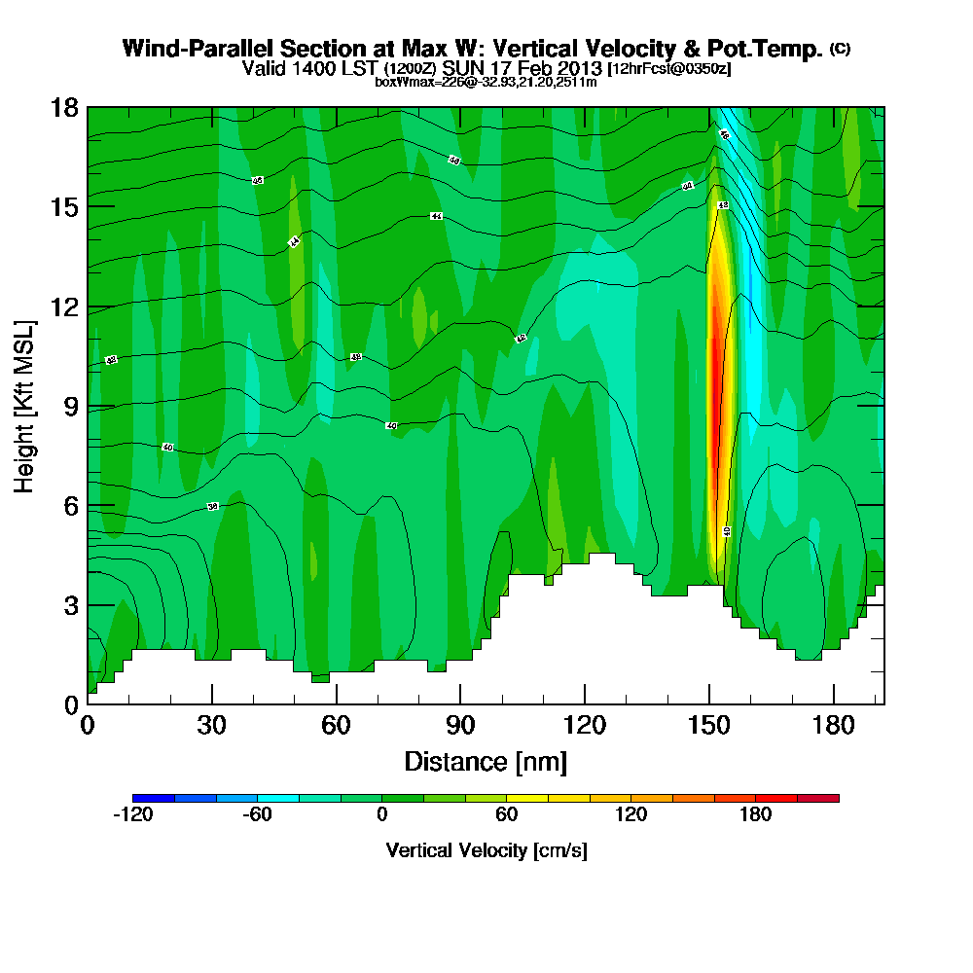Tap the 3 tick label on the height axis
70,605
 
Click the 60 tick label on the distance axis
336,726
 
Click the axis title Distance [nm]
486,761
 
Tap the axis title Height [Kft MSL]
25,405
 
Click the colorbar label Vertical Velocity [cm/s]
486,850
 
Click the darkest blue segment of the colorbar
154,798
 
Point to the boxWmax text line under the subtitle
486,82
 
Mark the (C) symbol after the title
840,48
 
